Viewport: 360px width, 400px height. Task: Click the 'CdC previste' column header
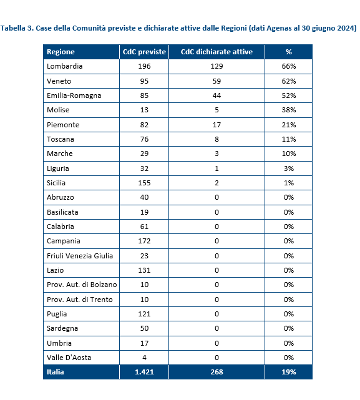144,52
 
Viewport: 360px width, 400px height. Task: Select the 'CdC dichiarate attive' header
216,52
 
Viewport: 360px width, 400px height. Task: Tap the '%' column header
288,52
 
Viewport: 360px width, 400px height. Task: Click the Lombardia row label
64,66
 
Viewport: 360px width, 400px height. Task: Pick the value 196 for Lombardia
144,66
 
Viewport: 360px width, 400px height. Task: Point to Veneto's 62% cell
289,81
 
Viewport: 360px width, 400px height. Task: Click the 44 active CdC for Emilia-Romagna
216,95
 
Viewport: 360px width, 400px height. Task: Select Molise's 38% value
289,110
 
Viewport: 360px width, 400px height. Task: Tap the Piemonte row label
63,125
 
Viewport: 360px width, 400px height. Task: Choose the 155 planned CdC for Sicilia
144,183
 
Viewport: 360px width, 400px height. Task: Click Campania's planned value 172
144,241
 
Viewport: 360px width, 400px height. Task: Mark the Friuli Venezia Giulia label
80,256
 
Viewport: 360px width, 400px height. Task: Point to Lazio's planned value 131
144,270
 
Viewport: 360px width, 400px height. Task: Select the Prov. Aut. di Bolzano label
82,285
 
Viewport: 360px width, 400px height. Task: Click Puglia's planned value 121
144,314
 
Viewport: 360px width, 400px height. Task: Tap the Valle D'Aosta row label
69,358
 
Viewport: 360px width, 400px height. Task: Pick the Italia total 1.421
144,372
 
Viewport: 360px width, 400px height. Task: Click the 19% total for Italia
289,372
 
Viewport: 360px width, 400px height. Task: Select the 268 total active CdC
216,372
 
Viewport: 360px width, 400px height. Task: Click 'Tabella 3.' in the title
17,28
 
